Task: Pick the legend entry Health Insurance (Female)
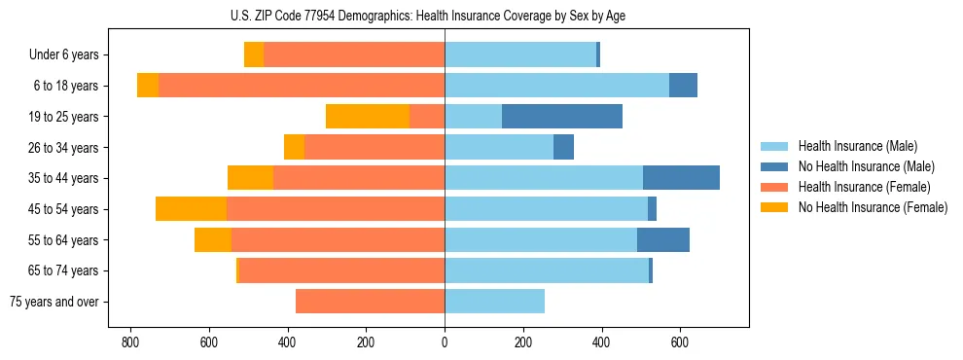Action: point(864,187)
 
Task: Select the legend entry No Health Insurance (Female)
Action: point(873,207)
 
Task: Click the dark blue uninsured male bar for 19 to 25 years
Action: point(562,117)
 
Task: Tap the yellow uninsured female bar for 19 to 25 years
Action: point(368,117)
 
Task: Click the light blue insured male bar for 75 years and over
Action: point(494,302)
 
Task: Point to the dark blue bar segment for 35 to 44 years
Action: point(681,178)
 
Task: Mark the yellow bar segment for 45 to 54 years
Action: point(191,209)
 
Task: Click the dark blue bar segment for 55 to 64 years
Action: point(663,240)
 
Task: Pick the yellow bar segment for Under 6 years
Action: point(254,55)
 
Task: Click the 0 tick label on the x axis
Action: point(445,342)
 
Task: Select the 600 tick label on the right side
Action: point(680,342)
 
